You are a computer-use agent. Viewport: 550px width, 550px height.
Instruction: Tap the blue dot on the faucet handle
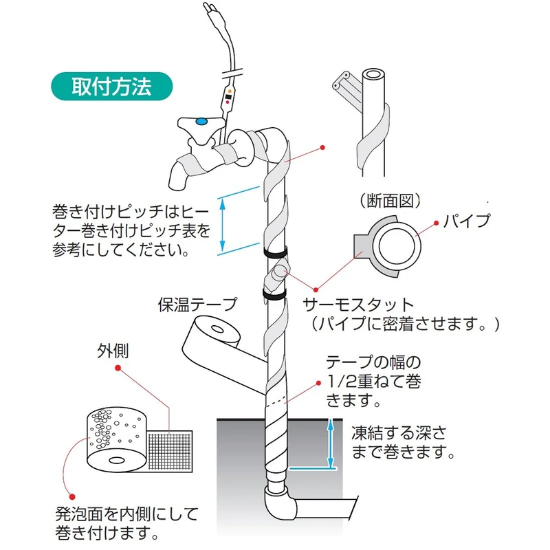tap(201, 122)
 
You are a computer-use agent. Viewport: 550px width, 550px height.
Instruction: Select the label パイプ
tap(467, 221)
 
